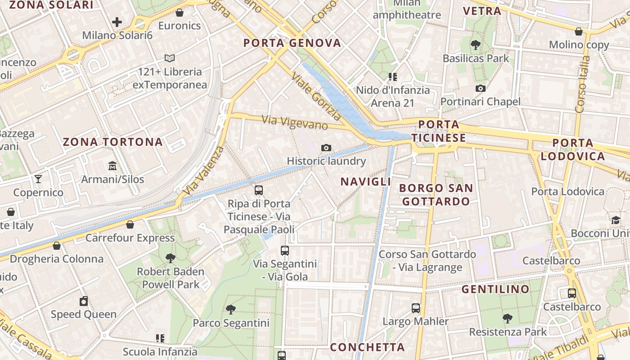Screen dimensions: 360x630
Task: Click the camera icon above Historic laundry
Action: (326, 148)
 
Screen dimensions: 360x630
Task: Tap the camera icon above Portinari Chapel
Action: (480, 88)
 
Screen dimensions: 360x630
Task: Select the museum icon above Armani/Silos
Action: (112, 166)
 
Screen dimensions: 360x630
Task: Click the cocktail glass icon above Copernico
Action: (38, 179)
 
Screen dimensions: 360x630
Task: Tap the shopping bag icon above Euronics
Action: (180, 13)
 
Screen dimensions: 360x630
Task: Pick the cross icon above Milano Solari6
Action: (117, 22)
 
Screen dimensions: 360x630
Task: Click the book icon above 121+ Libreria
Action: (170, 58)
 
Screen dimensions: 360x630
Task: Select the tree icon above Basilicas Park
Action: (476, 45)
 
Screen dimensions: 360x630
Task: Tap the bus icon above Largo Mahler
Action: (416, 308)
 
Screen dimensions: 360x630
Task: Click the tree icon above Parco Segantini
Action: (231, 310)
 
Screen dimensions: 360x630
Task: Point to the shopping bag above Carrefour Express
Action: (130, 225)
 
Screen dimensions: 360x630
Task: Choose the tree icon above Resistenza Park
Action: (508, 319)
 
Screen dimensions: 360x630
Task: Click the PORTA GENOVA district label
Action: (292, 43)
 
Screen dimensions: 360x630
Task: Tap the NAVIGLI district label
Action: (365, 182)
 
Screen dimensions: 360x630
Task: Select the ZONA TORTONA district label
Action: (112, 142)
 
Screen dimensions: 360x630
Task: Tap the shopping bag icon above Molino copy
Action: (579, 31)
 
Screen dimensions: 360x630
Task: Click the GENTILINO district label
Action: (495, 289)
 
